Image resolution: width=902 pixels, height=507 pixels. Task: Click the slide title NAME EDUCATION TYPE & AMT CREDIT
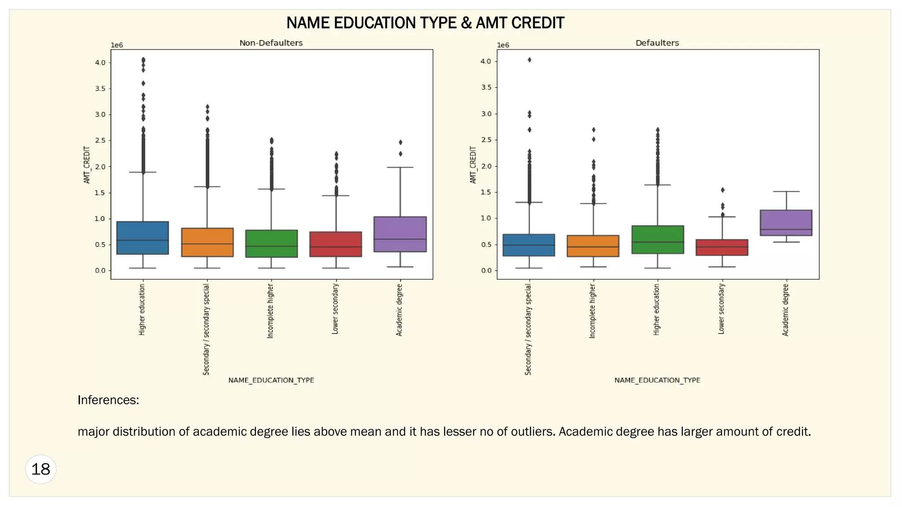pos(425,23)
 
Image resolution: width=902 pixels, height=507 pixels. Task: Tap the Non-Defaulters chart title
pos(271,43)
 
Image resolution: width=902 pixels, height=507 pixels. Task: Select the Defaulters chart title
pos(657,43)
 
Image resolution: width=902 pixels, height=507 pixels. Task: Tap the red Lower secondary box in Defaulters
pos(722,247)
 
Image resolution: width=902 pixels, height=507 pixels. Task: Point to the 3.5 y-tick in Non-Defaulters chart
pos(100,88)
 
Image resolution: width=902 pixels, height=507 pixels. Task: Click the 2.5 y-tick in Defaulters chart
pos(486,140)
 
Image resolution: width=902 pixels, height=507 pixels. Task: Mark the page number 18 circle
pos(41,469)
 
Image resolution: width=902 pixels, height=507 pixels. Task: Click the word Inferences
pos(108,400)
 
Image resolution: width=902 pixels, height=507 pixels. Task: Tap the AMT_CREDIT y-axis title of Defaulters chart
pos(473,165)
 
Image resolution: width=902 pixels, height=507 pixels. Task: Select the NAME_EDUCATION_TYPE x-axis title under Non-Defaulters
pos(271,380)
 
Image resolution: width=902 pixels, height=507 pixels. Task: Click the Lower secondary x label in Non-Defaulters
pos(335,309)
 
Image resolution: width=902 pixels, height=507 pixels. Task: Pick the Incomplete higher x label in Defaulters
pos(593,311)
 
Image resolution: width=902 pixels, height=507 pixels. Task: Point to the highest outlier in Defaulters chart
pos(529,60)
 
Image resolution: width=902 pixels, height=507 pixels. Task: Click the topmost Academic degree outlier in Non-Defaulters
pos(400,142)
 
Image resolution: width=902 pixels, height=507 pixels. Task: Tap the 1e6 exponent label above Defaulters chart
pos(503,45)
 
